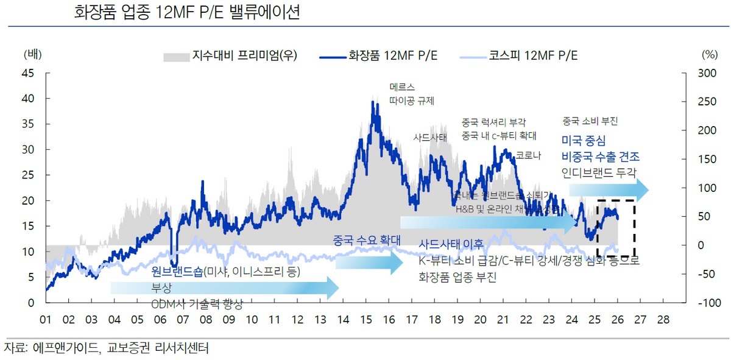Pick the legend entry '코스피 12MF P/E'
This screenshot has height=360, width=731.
[x=533, y=56]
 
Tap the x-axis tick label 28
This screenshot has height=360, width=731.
[x=663, y=319]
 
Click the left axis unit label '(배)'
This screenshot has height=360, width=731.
[x=32, y=54]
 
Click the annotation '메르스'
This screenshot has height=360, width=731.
[x=402, y=87]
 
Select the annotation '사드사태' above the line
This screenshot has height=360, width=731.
[x=430, y=137]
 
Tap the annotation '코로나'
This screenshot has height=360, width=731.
[x=528, y=155]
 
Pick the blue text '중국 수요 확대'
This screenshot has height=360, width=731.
[x=366, y=241]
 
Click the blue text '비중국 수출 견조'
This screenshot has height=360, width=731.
[x=604, y=156]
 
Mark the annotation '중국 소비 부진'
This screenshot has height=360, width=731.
[x=590, y=121]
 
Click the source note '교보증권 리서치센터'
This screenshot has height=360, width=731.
[x=158, y=348]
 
